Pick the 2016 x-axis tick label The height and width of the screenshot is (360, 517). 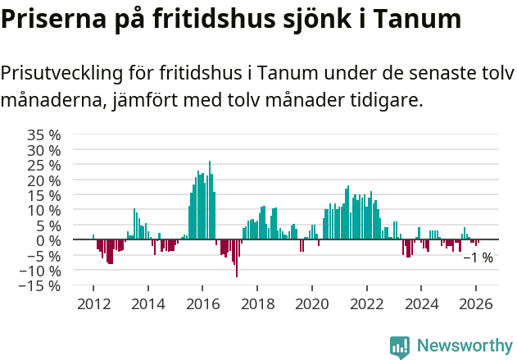tap(202, 303)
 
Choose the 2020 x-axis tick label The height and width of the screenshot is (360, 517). tap(311, 303)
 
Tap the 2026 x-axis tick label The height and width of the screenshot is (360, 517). tap(475, 303)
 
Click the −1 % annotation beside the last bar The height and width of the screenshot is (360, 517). tap(478, 257)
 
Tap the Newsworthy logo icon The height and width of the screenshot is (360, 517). tap(400, 347)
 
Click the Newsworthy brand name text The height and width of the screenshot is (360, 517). tap(464, 347)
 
